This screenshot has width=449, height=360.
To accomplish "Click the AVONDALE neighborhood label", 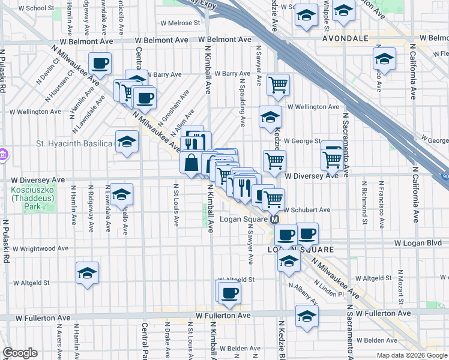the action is [345, 38].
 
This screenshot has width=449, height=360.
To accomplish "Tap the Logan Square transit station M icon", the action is [274, 220].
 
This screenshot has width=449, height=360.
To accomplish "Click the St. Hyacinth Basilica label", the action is [74, 144].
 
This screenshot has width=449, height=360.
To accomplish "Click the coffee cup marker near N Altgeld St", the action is [228, 292].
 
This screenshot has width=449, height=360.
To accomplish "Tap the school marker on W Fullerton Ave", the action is [307, 316].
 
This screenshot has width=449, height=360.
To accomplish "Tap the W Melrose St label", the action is [179, 23].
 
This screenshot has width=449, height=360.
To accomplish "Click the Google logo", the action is [20, 353].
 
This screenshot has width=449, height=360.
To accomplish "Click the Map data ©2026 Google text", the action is [411, 355].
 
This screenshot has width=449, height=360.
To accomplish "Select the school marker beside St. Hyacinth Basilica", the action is [127, 142].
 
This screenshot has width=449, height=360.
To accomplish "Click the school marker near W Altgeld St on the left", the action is [87, 273].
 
